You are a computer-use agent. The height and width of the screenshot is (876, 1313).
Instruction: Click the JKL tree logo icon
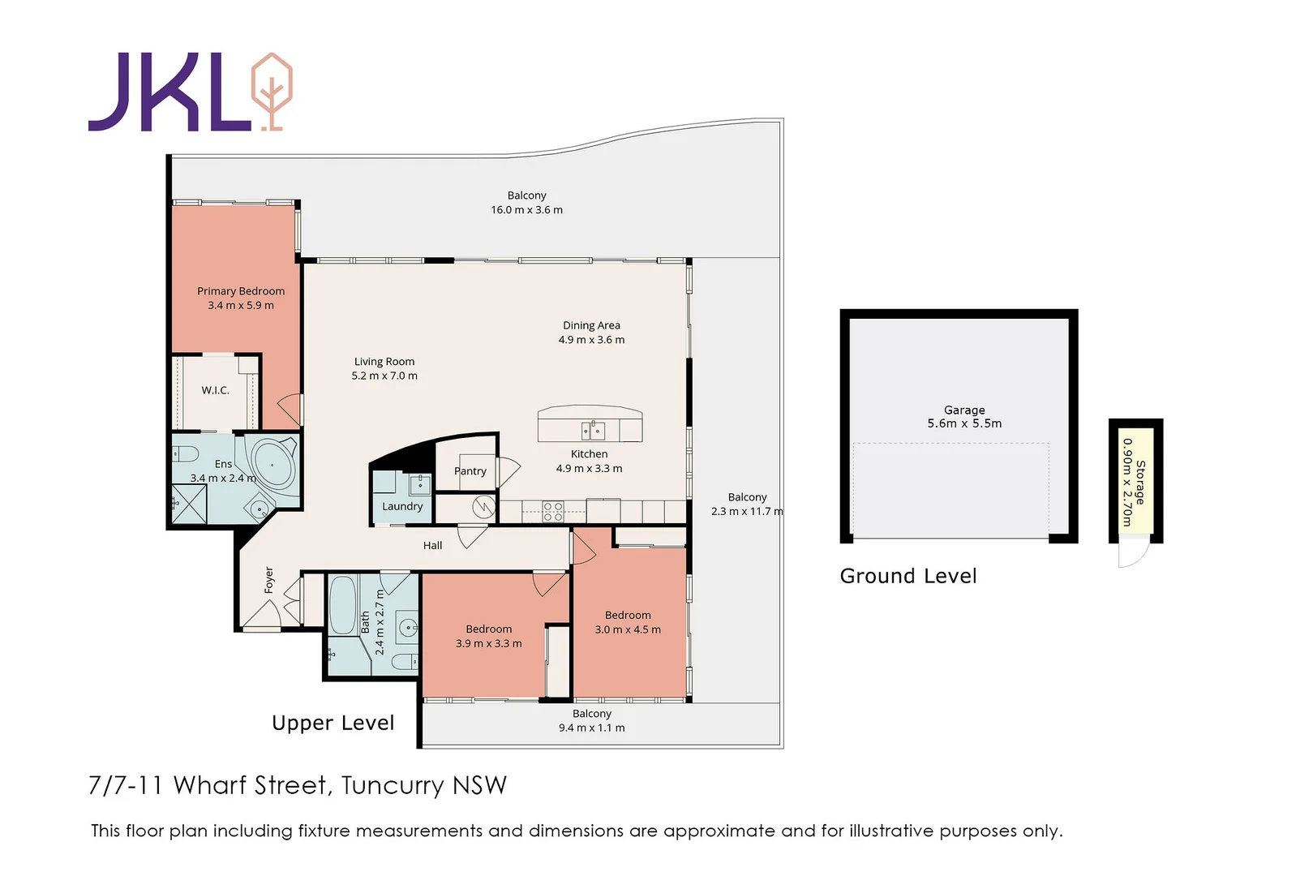pos(272,91)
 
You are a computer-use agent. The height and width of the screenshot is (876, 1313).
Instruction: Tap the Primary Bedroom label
pos(241,291)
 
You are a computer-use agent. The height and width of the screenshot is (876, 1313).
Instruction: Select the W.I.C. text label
pos(215,390)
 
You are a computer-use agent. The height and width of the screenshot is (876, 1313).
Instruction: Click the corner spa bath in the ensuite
pos(272,465)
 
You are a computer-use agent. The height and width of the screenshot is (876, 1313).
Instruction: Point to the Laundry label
pos(402,506)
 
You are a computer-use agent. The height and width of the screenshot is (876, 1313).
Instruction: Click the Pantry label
pos(470,470)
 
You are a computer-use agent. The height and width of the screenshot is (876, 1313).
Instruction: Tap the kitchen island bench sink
pos(593,429)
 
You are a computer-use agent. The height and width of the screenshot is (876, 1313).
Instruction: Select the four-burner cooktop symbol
pos(553,511)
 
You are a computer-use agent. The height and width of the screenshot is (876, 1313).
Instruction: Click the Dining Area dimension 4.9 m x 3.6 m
pos(591,340)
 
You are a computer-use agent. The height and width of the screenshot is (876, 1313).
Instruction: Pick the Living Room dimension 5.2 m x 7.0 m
pos(384,376)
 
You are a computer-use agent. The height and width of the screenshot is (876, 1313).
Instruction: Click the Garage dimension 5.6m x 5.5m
pos(964,423)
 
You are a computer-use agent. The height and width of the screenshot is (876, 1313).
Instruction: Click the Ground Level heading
pos(908,576)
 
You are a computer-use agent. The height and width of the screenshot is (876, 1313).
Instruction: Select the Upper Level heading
pos(333,723)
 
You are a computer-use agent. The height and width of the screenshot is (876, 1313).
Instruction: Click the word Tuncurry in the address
pos(393,785)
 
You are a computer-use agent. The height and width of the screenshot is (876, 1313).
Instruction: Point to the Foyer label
pos(269,580)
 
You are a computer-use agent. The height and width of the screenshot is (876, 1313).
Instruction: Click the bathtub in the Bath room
pos(343,604)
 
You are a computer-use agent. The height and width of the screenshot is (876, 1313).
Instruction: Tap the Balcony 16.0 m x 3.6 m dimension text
pos(526,210)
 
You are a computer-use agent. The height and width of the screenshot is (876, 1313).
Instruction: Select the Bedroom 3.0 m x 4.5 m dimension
pos(628,629)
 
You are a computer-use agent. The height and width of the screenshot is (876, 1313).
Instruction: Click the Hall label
pos(432,545)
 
